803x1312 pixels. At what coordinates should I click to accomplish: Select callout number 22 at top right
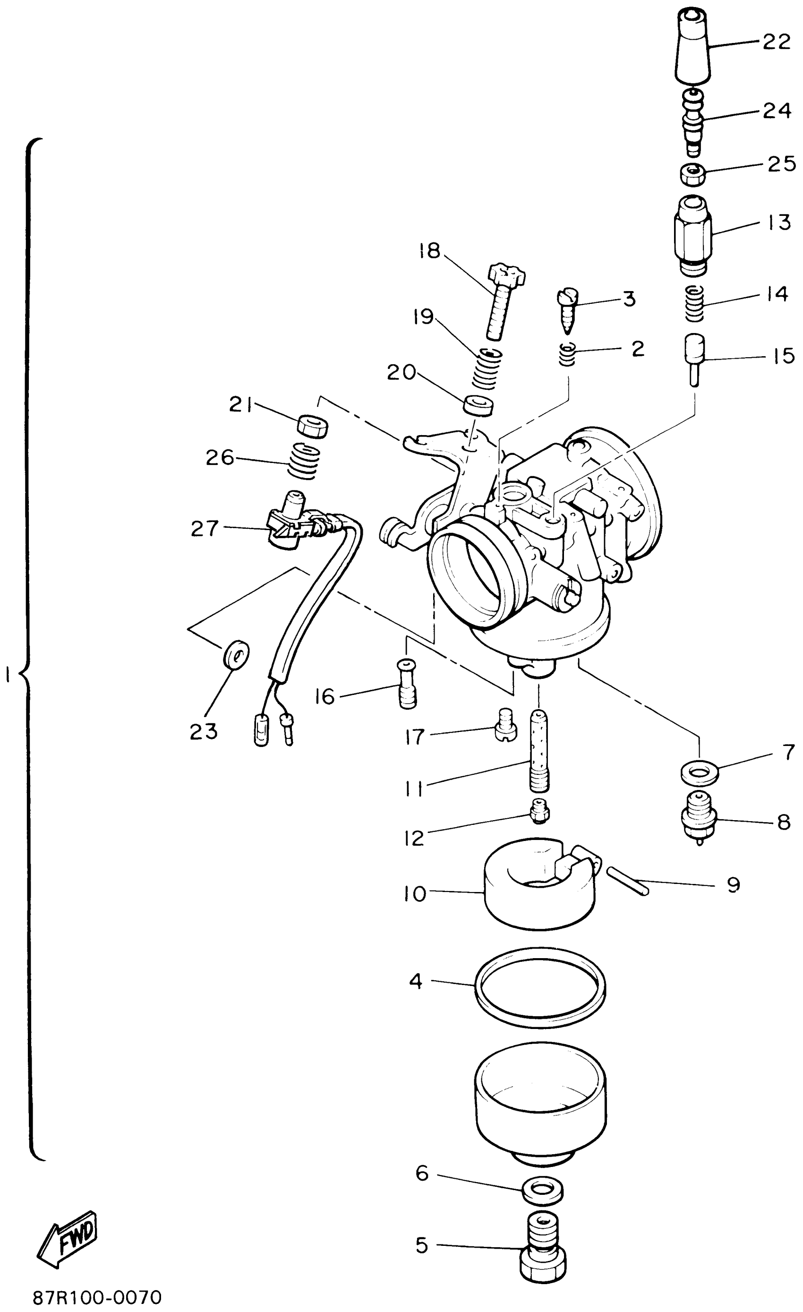[777, 42]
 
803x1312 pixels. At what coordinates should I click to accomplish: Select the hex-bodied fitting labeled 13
[692, 234]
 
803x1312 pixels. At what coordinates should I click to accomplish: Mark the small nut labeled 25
[694, 174]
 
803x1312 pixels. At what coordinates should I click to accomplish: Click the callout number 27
[205, 528]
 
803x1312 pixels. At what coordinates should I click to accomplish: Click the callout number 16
[325, 696]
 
